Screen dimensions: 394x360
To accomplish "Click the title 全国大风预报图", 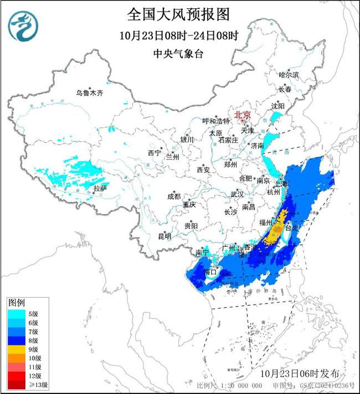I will [x=178, y=14].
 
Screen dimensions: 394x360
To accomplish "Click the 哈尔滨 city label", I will [x=289, y=74].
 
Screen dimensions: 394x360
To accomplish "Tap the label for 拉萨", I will [x=100, y=189].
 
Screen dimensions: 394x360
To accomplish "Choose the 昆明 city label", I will [x=164, y=237].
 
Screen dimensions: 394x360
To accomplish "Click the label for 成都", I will [x=173, y=196].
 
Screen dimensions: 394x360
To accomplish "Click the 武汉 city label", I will [x=237, y=195].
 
